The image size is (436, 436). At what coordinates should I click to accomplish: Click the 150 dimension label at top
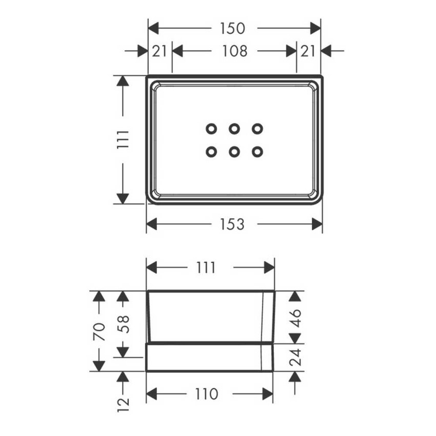(x=232, y=28)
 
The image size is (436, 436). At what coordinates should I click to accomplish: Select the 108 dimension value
(x=235, y=51)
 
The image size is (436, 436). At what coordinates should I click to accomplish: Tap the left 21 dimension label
(x=160, y=51)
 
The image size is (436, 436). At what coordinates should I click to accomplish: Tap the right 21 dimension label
(x=308, y=51)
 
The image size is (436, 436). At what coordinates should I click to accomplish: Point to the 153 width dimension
(x=232, y=224)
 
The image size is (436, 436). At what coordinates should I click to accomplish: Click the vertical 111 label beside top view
(x=123, y=139)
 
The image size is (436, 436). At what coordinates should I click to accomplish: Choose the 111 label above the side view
(x=206, y=268)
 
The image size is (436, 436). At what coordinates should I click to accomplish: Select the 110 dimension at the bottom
(x=207, y=394)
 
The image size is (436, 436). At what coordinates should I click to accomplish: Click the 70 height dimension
(x=100, y=331)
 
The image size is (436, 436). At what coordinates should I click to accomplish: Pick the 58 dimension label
(x=123, y=324)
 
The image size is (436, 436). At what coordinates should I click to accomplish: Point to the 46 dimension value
(x=295, y=318)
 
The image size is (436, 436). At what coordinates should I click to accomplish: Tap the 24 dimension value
(x=295, y=358)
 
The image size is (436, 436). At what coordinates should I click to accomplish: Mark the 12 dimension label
(x=123, y=405)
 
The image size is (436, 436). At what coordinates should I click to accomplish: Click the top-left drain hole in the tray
(x=211, y=129)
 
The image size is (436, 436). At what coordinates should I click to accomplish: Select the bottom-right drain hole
(x=257, y=152)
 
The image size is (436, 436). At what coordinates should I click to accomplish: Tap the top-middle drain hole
(x=234, y=129)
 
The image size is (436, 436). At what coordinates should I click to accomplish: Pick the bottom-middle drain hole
(x=234, y=152)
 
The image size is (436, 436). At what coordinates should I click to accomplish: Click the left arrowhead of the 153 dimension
(x=152, y=224)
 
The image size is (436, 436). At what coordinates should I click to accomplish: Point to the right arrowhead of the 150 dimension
(x=315, y=28)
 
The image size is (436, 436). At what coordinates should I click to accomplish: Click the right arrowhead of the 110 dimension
(x=268, y=394)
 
